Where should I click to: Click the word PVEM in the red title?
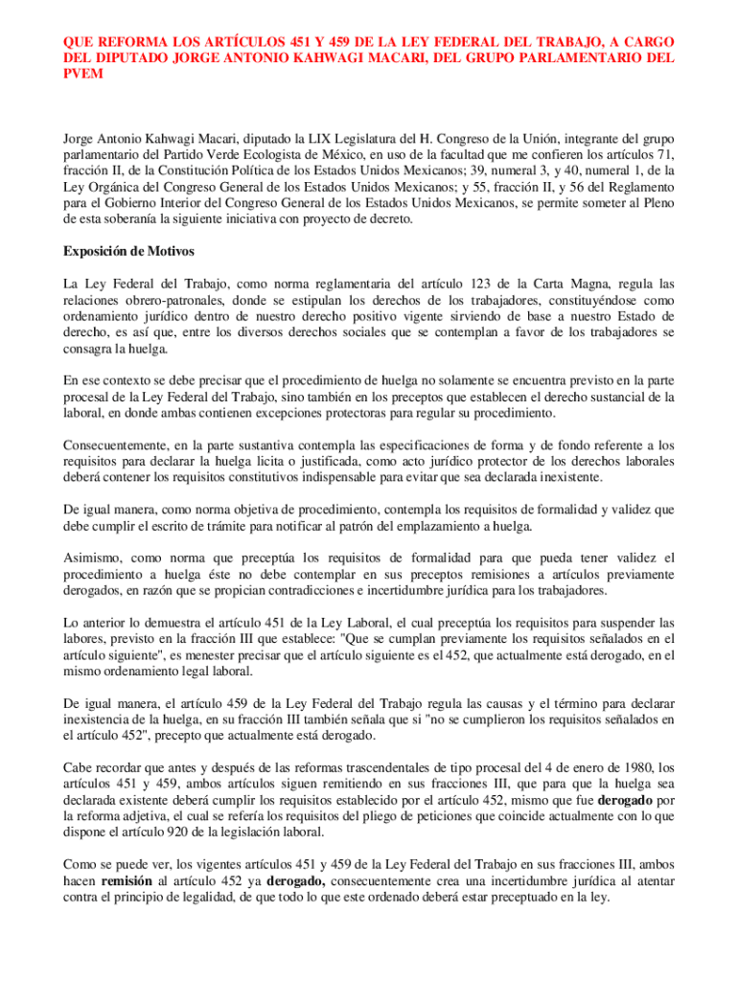tap(81, 74)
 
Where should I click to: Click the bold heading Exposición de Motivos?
tap(128, 252)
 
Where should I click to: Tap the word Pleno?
tap(657, 202)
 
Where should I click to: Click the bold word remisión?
tap(127, 881)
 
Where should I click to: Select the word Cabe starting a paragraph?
tap(78, 768)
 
